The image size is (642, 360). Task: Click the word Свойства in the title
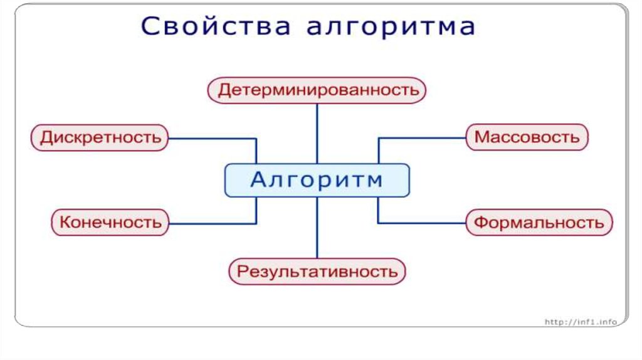point(216,26)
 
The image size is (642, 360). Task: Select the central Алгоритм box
point(317,180)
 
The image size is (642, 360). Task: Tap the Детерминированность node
point(317,90)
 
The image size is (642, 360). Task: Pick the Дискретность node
point(100,137)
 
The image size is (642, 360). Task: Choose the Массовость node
point(527,137)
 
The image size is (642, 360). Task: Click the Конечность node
point(110,223)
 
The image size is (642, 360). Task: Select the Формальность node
point(539,223)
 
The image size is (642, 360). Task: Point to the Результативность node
point(317,271)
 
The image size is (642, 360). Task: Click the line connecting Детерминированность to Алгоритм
point(317,134)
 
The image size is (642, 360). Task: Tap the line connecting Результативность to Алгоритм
point(317,228)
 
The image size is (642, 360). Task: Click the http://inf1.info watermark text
point(581,322)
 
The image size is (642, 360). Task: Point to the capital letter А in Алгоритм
point(259,180)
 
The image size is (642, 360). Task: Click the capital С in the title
point(150,26)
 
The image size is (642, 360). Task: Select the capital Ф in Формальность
point(482,223)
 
